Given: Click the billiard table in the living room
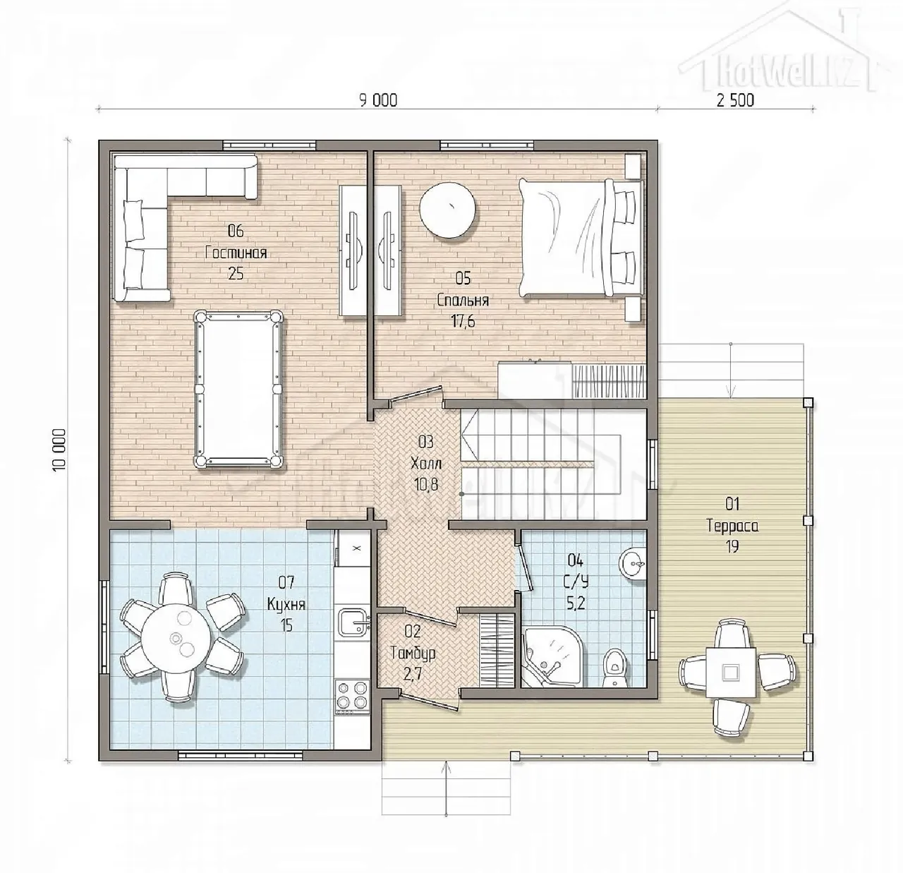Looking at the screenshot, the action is pos(238,390).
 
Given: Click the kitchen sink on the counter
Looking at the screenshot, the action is pos(354,623).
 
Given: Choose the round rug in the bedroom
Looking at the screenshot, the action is pos(447,210).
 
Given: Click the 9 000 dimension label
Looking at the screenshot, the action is pos(378,100).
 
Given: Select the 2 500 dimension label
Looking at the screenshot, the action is pos(736,100).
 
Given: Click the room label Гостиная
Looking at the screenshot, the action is pos(236,253).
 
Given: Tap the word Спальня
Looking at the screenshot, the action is pos(463,300).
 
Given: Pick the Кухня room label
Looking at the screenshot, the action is pos(286,605).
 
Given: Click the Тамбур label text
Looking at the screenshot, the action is pos(413,654).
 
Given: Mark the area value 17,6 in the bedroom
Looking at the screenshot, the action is pos(463,321).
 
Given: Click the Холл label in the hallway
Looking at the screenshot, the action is pos(426,463).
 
